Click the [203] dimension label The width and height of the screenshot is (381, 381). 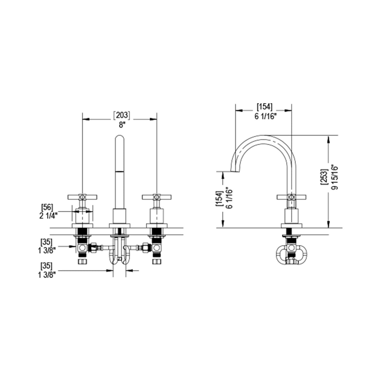tap(121, 116)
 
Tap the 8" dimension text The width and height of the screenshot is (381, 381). tap(122, 125)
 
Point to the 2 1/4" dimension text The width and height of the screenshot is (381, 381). tap(48, 215)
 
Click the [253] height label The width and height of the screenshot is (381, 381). tap(324, 177)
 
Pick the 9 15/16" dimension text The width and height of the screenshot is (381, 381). tap(334, 177)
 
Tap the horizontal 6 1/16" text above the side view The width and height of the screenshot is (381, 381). tap(266, 116)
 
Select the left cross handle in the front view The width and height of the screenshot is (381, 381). tap(82, 196)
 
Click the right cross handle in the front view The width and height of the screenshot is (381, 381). tap(157, 196)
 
